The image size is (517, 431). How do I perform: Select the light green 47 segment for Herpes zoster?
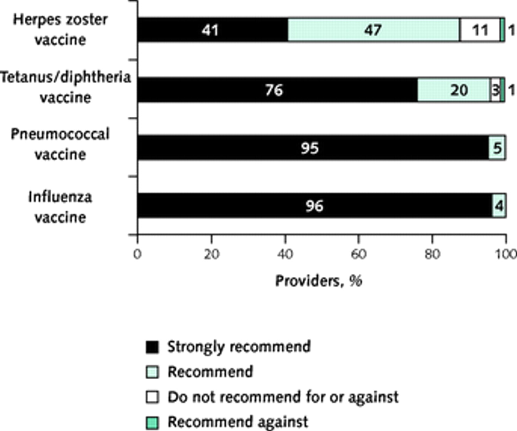(373, 30)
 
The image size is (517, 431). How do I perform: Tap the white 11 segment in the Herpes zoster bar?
(479, 30)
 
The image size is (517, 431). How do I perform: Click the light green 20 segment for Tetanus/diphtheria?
(453, 90)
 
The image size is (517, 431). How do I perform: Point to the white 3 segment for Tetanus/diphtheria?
(495, 90)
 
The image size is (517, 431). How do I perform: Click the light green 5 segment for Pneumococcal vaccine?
(497, 148)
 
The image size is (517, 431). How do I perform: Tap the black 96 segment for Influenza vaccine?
(314, 206)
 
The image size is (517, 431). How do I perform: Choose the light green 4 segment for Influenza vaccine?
(499, 206)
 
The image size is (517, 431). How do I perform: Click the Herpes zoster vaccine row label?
(61, 29)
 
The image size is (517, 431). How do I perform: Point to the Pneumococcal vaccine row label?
(61, 144)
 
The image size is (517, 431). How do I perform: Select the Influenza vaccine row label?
(61, 207)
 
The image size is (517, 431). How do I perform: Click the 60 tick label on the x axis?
(358, 254)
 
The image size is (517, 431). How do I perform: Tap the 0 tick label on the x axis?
(137, 254)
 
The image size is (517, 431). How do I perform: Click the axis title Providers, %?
(319, 281)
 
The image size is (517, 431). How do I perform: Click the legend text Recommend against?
(237, 422)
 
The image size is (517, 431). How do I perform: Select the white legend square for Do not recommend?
(152, 397)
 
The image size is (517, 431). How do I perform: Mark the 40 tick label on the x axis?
(285, 254)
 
